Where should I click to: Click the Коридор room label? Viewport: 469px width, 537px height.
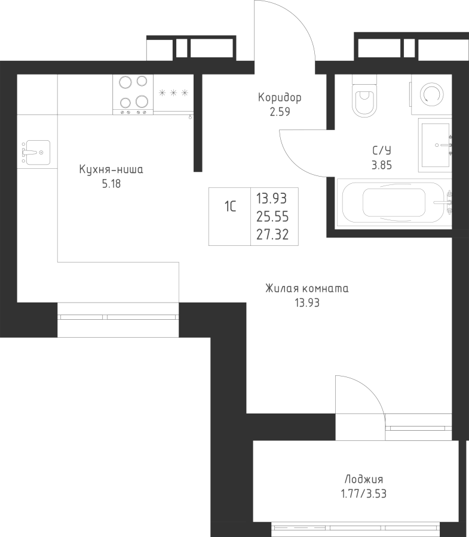click(x=280, y=98)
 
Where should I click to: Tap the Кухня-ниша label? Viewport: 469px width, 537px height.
click(x=111, y=169)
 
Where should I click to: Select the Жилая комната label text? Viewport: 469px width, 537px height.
click(x=307, y=288)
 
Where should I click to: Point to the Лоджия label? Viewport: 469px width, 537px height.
click(x=364, y=479)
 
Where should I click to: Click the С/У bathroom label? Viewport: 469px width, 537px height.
click(x=382, y=150)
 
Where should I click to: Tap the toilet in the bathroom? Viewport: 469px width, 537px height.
click(x=364, y=96)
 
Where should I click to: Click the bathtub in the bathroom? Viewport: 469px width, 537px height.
click(x=394, y=202)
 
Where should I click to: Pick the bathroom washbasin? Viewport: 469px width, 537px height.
click(x=435, y=145)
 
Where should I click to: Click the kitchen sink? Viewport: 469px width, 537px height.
click(x=36, y=152)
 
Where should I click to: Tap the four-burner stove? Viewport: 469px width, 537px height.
click(x=133, y=95)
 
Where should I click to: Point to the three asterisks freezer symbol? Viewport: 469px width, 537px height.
click(x=173, y=92)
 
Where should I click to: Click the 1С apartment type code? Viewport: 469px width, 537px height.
click(x=230, y=206)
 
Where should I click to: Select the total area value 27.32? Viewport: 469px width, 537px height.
click(x=272, y=234)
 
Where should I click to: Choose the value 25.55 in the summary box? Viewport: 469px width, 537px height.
click(x=272, y=217)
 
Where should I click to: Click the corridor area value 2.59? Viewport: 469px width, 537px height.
click(x=280, y=112)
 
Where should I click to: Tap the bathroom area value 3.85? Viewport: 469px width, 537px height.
click(x=382, y=165)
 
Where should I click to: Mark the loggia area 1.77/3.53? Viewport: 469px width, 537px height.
click(x=363, y=493)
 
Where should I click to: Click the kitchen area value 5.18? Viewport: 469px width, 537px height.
click(x=111, y=184)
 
